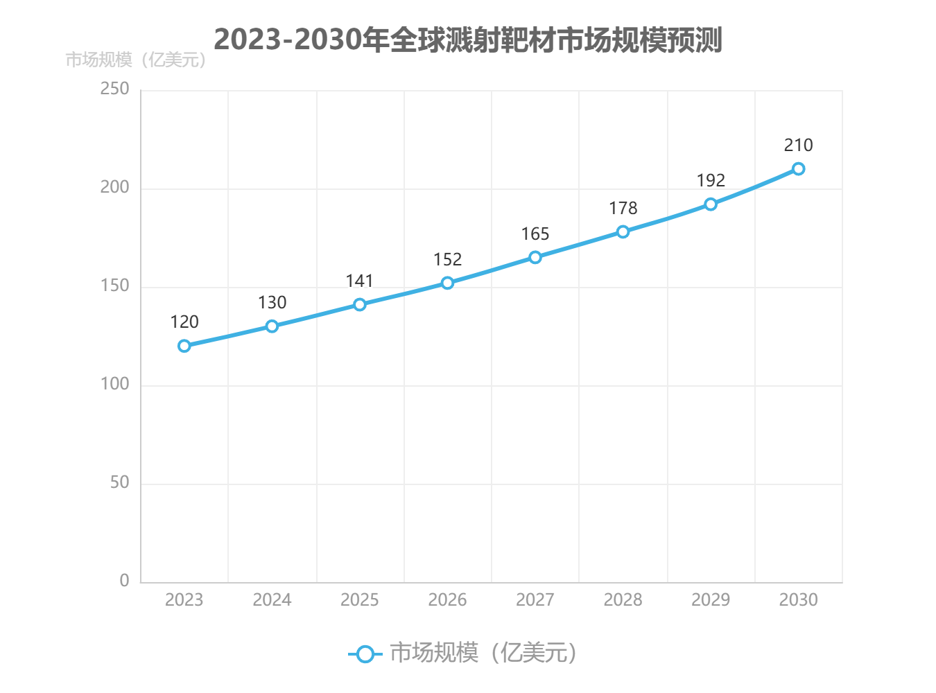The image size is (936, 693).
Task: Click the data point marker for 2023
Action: pyautogui.click(x=184, y=346)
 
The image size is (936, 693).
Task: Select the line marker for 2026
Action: pyautogui.click(x=447, y=283)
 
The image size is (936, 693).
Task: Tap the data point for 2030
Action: pyautogui.click(x=798, y=168)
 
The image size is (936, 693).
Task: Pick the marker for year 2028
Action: pyautogui.click(x=623, y=231)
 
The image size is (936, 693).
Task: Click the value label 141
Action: pyautogui.click(x=359, y=281)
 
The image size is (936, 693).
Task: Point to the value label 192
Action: pyautogui.click(x=711, y=180)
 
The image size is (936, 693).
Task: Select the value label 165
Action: pyautogui.click(x=535, y=234)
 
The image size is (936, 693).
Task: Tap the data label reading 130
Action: pyautogui.click(x=272, y=302)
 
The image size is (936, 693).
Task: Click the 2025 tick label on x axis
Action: pyautogui.click(x=359, y=599)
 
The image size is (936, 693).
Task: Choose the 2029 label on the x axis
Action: pyautogui.click(x=711, y=599)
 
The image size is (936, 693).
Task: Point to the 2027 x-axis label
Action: pyautogui.click(x=535, y=599)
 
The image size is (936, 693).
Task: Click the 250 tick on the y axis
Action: pyautogui.click(x=114, y=89)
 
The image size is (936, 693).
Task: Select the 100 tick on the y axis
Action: pyautogui.click(x=114, y=384)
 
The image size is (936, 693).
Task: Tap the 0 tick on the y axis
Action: pyautogui.click(x=124, y=581)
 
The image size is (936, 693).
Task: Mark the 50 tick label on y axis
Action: pyautogui.click(x=119, y=482)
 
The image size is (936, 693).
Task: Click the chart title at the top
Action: pyautogui.click(x=468, y=40)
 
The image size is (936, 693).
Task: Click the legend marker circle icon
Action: pyautogui.click(x=365, y=653)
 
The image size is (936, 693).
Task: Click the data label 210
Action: pyautogui.click(x=798, y=145)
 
